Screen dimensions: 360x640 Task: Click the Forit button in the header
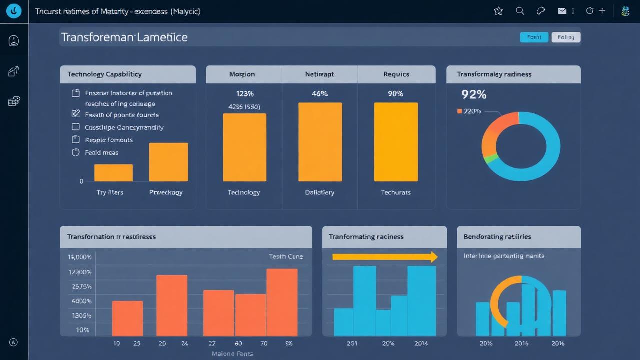pyautogui.click(x=534, y=37)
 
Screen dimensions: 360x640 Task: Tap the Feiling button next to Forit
pyautogui.click(x=566, y=37)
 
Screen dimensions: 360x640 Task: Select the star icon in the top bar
pyautogui.click(x=498, y=11)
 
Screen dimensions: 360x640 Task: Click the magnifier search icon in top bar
pyautogui.click(x=520, y=11)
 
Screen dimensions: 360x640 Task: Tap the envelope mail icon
pyautogui.click(x=562, y=11)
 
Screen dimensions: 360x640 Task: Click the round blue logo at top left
pyautogui.click(x=14, y=11)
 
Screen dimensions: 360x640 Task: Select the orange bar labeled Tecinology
pyautogui.click(x=244, y=147)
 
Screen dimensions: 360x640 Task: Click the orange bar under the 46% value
pyautogui.click(x=320, y=142)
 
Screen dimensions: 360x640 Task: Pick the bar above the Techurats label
pyautogui.click(x=396, y=142)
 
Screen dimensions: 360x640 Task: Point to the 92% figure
pyautogui.click(x=473, y=94)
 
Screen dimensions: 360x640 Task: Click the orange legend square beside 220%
pyautogui.click(x=459, y=111)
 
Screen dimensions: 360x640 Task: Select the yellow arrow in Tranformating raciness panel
pyautogui.click(x=384, y=257)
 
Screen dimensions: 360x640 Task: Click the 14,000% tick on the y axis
pyautogui.click(x=80, y=257)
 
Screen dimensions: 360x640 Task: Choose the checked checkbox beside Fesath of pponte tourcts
pyautogui.click(x=76, y=114)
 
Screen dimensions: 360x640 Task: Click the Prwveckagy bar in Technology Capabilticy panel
pyautogui.click(x=168, y=162)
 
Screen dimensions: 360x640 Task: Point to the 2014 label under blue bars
pyautogui.click(x=421, y=343)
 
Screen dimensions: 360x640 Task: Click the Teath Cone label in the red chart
pyautogui.click(x=286, y=256)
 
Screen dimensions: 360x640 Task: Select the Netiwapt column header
pyautogui.click(x=319, y=74)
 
